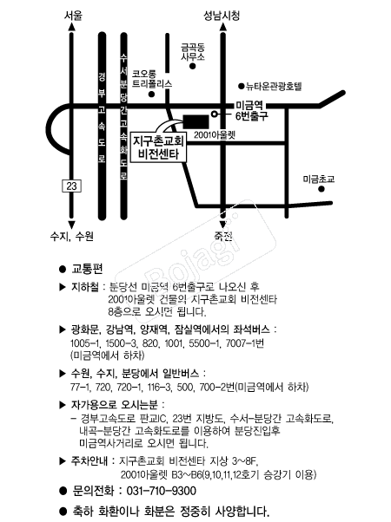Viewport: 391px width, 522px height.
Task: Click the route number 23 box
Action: pyautogui.click(x=72, y=186)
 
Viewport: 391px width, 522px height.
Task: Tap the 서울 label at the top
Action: pyautogui.click(x=73, y=16)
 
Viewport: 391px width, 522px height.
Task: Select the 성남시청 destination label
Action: pyautogui.click(x=222, y=16)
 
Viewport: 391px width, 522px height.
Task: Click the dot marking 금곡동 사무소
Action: pyautogui.click(x=193, y=66)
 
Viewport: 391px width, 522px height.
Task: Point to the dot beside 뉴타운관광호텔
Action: pyautogui.click(x=242, y=87)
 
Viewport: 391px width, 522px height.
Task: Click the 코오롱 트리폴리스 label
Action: pyautogui.click(x=152, y=79)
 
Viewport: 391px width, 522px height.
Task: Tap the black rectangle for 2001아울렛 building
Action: pyautogui.click(x=196, y=122)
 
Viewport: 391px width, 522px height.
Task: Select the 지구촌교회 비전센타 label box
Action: pyautogui.click(x=158, y=147)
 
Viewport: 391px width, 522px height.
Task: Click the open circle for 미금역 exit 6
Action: pyautogui.click(x=215, y=114)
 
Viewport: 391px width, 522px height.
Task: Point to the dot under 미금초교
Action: pyautogui.click(x=321, y=189)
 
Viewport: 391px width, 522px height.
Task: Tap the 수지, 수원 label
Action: pyautogui.click(x=72, y=237)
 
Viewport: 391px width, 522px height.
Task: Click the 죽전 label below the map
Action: pyautogui.click(x=222, y=237)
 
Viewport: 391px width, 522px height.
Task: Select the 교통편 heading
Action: pyautogui.click(x=87, y=269)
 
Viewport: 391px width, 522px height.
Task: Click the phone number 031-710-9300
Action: pyautogui.click(x=162, y=491)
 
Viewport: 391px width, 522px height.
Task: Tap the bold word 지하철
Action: pyautogui.click(x=85, y=287)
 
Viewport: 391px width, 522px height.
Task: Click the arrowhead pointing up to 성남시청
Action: pyautogui.click(x=222, y=27)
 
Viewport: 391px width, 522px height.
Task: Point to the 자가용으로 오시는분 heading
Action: pyautogui.click(x=114, y=405)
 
